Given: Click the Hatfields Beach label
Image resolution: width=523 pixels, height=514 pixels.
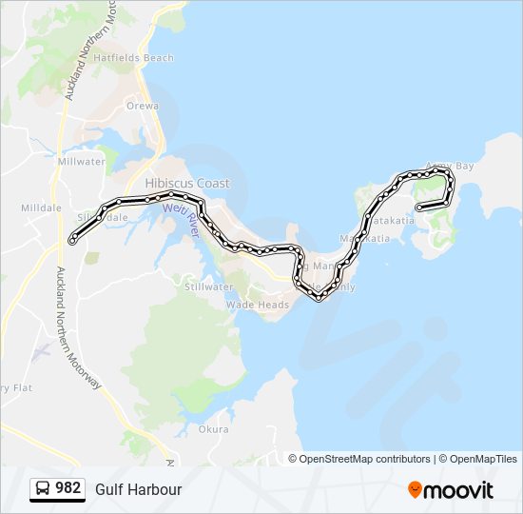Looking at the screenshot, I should [140, 58].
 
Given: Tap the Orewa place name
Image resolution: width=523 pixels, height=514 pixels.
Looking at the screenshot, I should [142, 106].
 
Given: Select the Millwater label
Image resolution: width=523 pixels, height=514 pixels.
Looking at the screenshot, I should [81, 162].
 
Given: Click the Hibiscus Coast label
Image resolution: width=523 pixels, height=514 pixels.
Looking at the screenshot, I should [187, 183].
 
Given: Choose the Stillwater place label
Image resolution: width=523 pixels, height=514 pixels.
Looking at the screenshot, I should [209, 287].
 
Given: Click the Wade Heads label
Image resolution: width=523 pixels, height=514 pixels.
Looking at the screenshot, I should [257, 305].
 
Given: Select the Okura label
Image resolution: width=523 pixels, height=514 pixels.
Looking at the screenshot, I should [214, 429].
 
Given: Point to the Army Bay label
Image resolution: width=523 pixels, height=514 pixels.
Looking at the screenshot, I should [450, 167].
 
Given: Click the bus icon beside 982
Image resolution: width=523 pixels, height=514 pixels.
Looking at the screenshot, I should [43, 489].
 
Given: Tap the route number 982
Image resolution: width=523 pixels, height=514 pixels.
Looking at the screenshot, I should [68, 488].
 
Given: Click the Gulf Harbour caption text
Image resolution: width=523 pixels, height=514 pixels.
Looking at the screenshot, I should [138, 489].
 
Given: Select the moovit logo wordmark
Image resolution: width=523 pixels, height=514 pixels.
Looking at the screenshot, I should [458, 490].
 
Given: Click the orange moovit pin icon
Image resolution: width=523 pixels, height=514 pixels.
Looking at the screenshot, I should [415, 490].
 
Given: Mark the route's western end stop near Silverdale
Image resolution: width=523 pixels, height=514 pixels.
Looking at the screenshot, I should [73, 241].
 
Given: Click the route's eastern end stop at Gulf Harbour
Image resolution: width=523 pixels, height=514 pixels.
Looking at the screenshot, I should [419, 207].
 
